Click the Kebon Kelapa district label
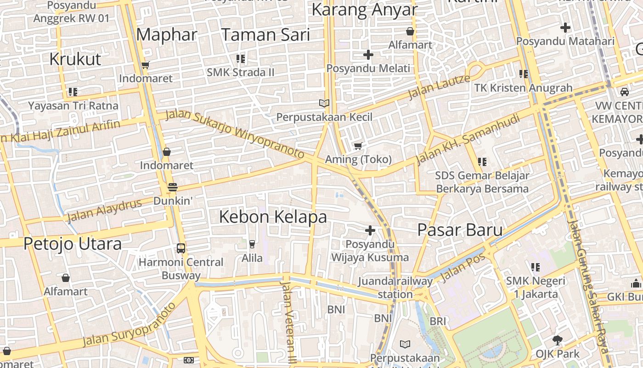coord(273,217)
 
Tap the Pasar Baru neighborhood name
coord(460,230)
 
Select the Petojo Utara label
coord(73,244)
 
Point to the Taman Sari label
coord(266,35)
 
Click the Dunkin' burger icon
coord(173,187)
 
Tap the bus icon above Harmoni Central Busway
coord(181,248)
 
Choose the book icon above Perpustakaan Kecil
coord(324,103)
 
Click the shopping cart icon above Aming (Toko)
coord(358,146)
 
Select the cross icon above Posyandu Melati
coord(368,55)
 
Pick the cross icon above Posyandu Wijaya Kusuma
coord(370,230)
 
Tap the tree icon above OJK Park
coord(558,340)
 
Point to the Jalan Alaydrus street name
coord(104,210)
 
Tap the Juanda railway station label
coord(395,287)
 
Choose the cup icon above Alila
coord(252,244)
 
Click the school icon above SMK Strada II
coord(240,59)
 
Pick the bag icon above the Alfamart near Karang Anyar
coord(410,31)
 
